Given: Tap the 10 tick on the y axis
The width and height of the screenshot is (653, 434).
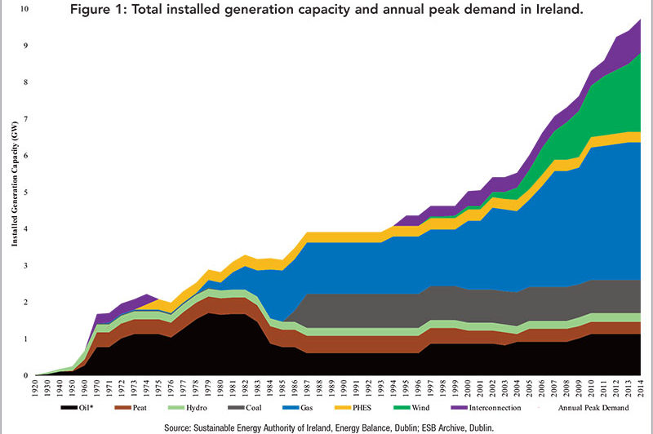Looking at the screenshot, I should (x=23, y=9).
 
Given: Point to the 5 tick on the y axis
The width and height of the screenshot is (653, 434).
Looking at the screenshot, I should (x=25, y=193).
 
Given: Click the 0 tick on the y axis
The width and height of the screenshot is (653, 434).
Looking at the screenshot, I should (x=25, y=376).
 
